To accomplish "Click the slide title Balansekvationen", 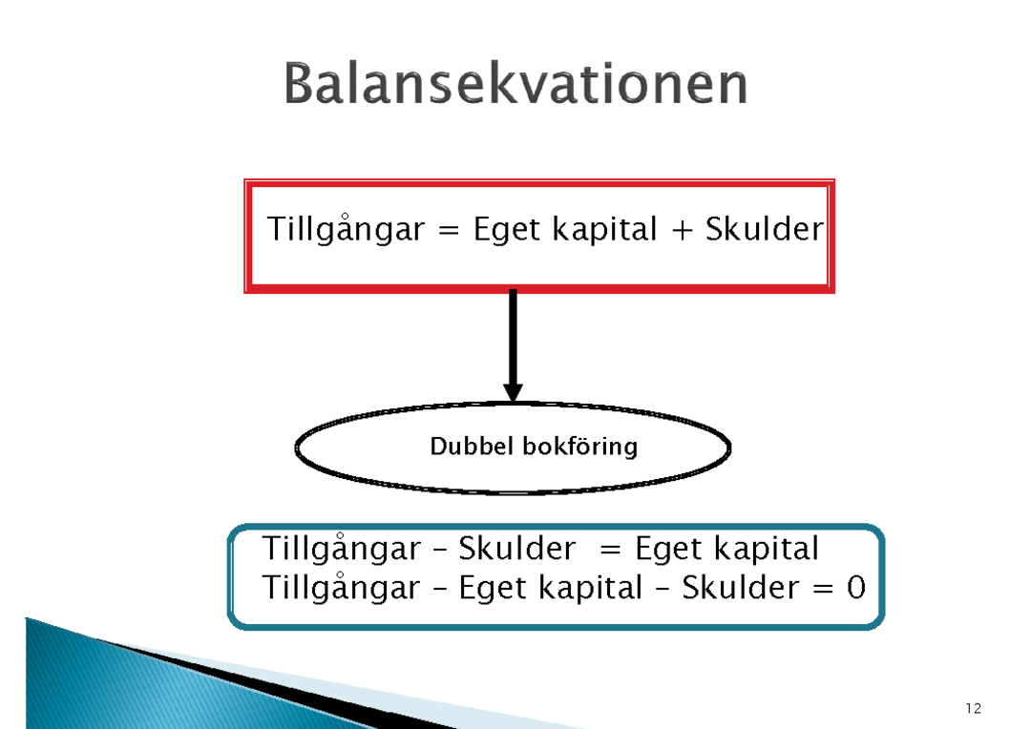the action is [x=515, y=83].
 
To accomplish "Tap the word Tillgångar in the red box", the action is [x=346, y=229].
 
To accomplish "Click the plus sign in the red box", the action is [x=682, y=230].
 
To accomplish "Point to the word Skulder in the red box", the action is [x=764, y=228].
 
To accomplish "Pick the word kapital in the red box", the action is [x=604, y=229].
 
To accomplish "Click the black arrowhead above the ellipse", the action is [x=513, y=392].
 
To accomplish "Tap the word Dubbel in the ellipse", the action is [x=472, y=447].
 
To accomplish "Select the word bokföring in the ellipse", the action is [x=580, y=447].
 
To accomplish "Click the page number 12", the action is [x=974, y=708].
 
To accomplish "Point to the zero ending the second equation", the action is [x=856, y=587].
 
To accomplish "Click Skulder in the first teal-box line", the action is [x=516, y=548].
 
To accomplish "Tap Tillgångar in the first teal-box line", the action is [x=341, y=549].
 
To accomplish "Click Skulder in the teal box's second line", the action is [x=741, y=587].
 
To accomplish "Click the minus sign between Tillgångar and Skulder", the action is [x=439, y=551].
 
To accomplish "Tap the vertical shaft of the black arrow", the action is [x=513, y=337].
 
